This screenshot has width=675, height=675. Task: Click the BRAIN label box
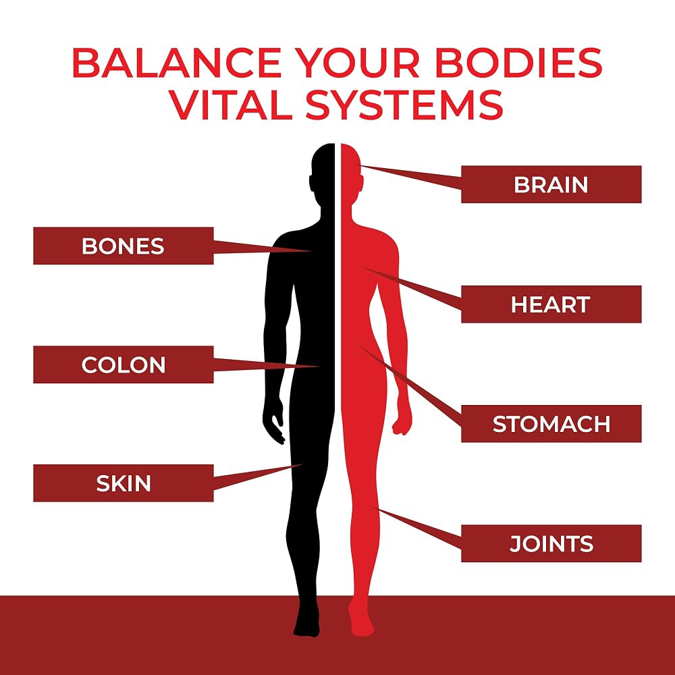(551, 184)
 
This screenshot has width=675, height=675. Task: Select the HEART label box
(551, 304)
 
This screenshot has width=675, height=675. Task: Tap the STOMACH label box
(551, 424)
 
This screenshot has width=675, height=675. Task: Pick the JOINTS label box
(551, 543)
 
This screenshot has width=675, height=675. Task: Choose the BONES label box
(124, 246)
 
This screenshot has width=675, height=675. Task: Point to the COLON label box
(124, 364)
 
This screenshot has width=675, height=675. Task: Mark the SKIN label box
(124, 483)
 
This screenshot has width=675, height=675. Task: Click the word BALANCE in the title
(177, 63)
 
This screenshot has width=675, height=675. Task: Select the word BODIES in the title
(518, 63)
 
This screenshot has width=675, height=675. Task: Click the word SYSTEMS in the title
(404, 105)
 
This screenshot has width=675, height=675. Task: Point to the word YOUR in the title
(358, 63)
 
